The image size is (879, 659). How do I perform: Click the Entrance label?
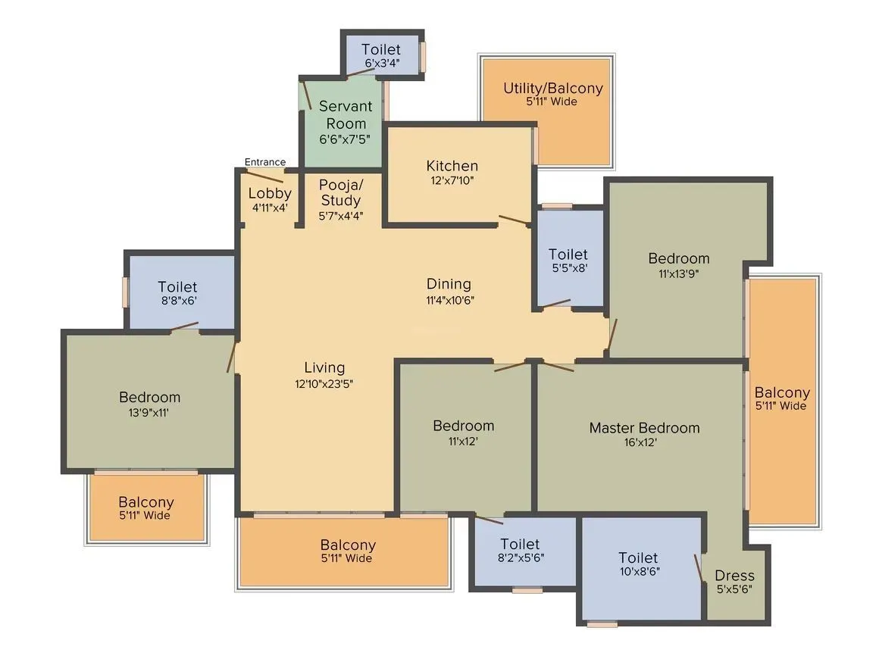tap(265, 162)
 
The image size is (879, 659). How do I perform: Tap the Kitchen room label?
tap(452, 166)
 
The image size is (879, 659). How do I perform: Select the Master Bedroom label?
tap(645, 428)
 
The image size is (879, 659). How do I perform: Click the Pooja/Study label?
tap(340, 192)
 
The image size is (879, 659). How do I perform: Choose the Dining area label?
tap(449, 284)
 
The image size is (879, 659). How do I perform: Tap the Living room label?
tap(324, 367)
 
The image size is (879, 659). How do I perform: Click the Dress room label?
tap(734, 576)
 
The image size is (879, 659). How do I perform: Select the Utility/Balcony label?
tap(553, 89)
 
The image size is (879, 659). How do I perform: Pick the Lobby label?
tap(270, 193)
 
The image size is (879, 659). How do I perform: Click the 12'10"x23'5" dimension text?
tap(324, 383)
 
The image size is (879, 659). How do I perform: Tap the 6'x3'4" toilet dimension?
tap(382, 64)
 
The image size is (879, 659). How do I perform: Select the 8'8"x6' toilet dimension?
tap(177, 301)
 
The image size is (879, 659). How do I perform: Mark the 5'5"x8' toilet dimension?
tap(568, 267)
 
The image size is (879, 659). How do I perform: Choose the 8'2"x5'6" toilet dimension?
tap(520, 557)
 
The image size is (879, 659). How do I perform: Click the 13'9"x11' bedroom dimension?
tap(149, 413)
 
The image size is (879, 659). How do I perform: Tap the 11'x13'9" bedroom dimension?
tap(678, 273)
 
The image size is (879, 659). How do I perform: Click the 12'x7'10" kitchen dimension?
tap(452, 180)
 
